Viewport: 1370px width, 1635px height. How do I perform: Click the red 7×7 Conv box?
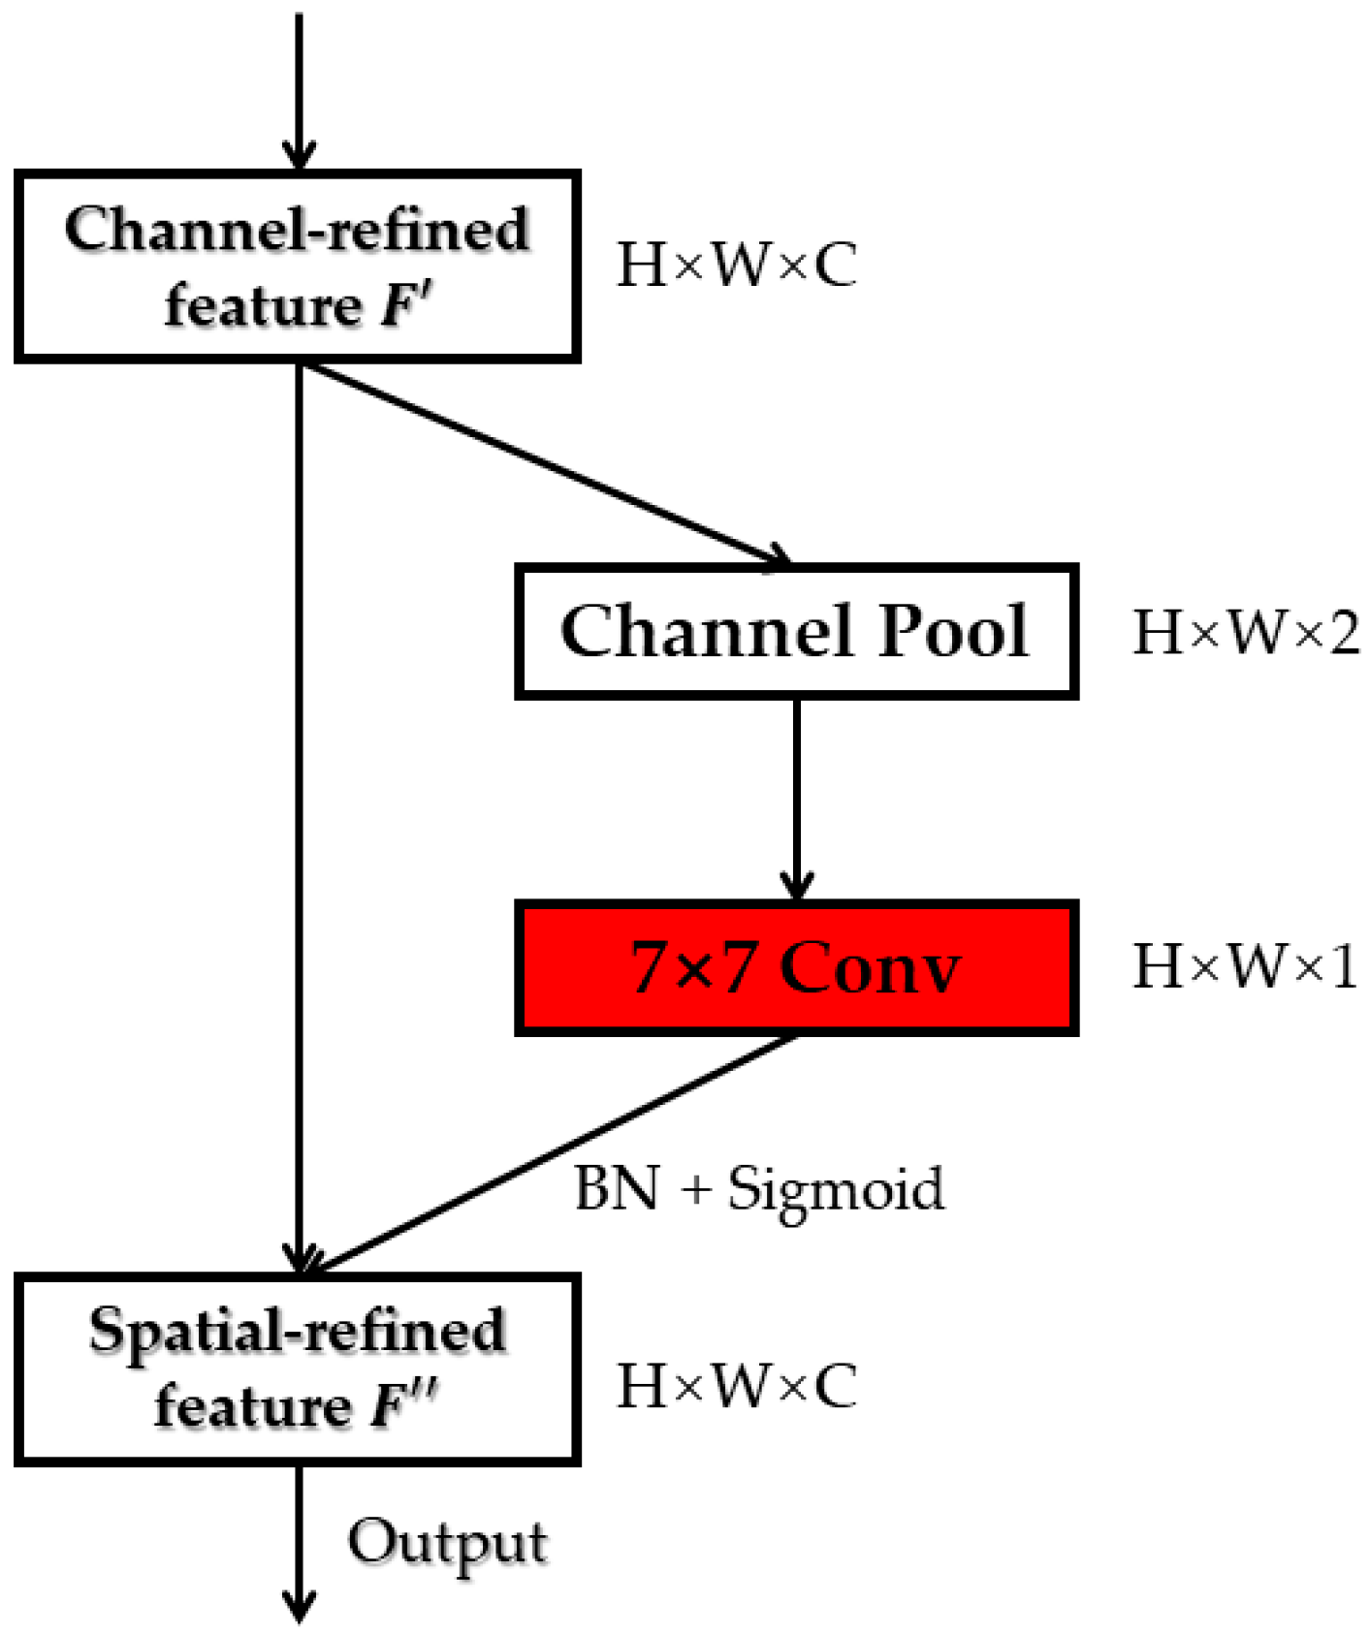795,968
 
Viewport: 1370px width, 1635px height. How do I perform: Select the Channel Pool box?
795,631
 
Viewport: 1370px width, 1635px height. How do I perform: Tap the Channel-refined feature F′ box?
297,267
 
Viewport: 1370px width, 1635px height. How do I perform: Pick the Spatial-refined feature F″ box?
297,1368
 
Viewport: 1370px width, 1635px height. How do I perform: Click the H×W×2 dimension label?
1246,633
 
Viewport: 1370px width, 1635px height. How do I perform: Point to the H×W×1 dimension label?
1246,966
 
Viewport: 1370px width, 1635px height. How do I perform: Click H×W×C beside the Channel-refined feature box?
737,265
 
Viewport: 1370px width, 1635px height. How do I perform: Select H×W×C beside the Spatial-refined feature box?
737,1385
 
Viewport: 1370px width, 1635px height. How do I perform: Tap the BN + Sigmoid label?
758,1188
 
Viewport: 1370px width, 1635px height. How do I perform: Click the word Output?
448,1543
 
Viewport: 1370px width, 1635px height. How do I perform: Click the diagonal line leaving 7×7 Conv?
553,1153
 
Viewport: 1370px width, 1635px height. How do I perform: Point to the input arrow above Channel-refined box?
299,87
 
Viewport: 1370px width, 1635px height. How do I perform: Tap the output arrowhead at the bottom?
300,1604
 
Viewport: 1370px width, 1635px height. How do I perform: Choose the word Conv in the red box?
870,968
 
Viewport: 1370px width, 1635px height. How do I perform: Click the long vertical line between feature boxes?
300,814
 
